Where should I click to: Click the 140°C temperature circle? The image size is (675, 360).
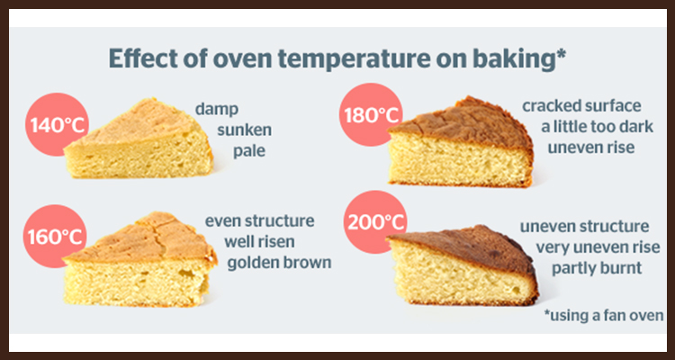(58, 124)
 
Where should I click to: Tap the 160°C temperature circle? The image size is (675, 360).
(55, 237)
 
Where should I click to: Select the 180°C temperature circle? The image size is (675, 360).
(371, 114)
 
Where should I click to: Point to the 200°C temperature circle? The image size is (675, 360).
(376, 222)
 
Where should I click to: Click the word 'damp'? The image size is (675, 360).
(217, 109)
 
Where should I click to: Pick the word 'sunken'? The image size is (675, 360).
(245, 130)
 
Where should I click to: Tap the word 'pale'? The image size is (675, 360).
(249, 151)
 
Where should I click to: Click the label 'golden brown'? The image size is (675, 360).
(279, 263)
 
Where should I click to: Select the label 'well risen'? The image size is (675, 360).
(259, 241)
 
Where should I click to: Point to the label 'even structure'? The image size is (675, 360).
(259, 220)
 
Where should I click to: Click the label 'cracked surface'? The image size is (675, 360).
(581, 105)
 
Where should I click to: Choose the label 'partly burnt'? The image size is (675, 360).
(597, 268)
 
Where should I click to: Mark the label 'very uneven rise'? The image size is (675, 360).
(598, 247)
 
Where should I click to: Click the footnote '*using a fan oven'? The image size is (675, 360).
(604, 315)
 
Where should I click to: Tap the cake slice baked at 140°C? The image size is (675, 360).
(139, 139)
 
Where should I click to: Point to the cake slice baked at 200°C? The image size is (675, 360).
(463, 265)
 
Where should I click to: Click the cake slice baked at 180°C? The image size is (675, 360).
(461, 142)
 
